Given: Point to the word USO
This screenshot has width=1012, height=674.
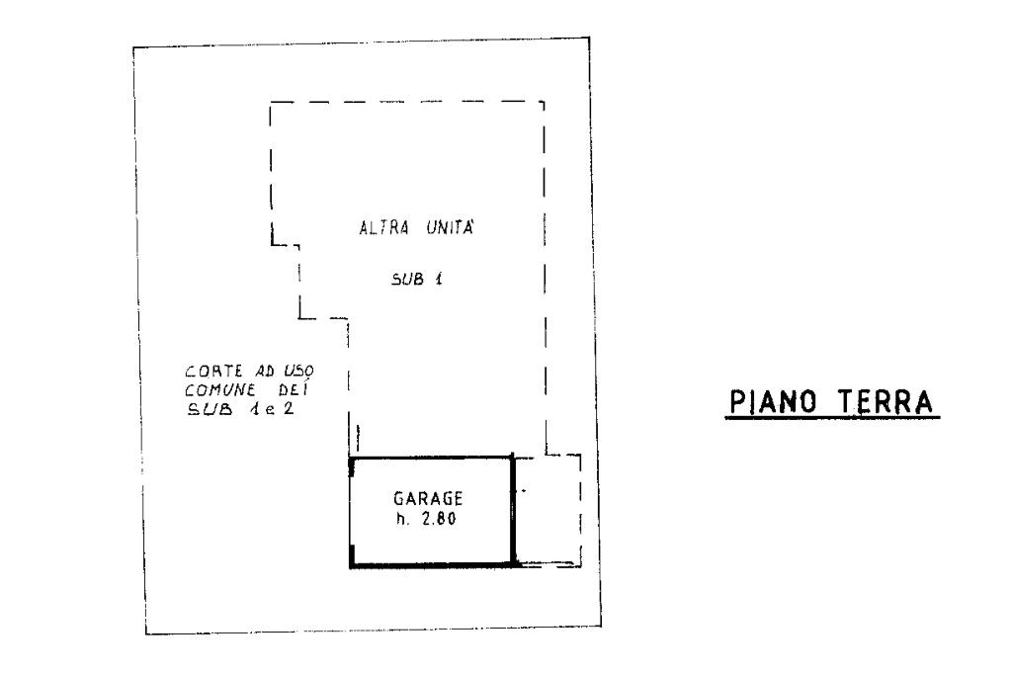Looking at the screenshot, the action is point(298,373).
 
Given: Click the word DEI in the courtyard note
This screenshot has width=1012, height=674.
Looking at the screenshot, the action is point(293,389).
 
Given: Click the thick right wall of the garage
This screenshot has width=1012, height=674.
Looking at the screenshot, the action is point(513,509).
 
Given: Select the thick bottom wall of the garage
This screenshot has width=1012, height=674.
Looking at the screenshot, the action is point(432,565).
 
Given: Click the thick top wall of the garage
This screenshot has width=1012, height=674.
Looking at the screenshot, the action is point(432,457).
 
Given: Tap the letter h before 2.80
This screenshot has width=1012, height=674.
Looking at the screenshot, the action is point(399,519).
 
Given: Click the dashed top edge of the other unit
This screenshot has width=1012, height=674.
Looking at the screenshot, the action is point(406,101).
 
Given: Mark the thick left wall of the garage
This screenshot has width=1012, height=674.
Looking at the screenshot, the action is point(351,509).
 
